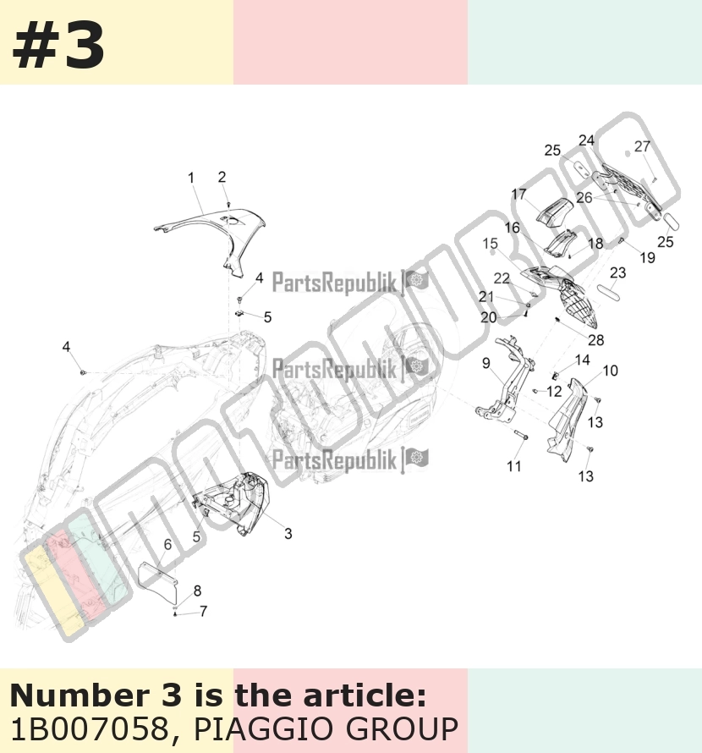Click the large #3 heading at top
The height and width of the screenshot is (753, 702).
[58, 45]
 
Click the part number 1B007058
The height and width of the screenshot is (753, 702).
[90, 729]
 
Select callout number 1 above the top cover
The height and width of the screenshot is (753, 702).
[191, 178]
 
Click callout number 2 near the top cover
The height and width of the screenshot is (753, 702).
[222, 177]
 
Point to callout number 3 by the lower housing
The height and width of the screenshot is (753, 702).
[288, 534]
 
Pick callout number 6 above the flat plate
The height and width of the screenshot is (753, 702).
[167, 544]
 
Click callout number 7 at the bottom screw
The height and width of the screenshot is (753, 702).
[204, 612]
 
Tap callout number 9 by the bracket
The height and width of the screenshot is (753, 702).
[486, 363]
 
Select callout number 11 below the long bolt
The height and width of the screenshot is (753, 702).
[513, 466]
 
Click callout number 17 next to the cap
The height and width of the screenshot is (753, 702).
[519, 194]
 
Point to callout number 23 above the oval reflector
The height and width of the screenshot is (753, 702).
[618, 272]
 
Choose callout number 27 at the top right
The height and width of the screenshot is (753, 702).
[643, 146]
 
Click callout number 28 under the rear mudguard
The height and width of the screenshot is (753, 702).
[596, 340]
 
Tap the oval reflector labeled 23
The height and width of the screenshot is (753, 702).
[609, 293]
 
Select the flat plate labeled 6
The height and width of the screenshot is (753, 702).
[158, 584]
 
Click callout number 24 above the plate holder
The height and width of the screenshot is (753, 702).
[587, 140]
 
